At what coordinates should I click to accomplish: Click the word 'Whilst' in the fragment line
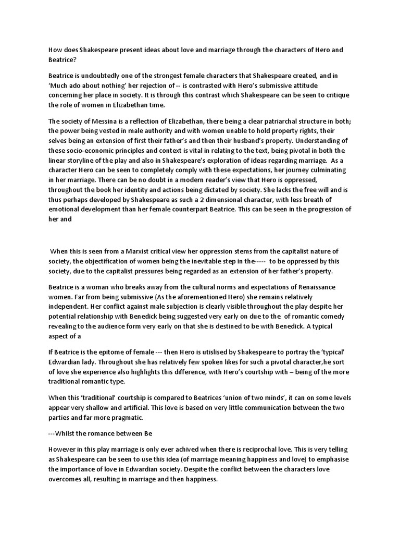point(68,433)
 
